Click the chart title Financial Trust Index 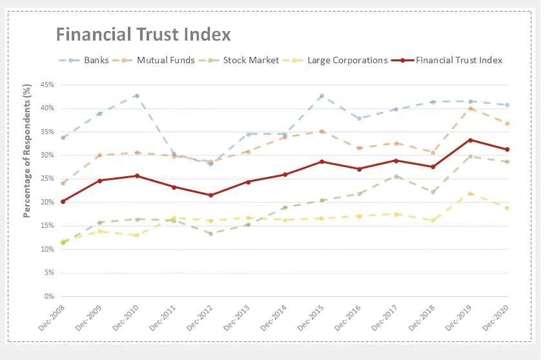143,34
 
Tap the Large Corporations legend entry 336,60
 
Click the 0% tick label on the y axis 48,296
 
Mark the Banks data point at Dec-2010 136,95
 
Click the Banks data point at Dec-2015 322,96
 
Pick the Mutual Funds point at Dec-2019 470,108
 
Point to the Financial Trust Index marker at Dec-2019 470,140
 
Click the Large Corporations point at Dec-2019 470,194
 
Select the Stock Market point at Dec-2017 396,176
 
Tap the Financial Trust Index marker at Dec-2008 62,201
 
